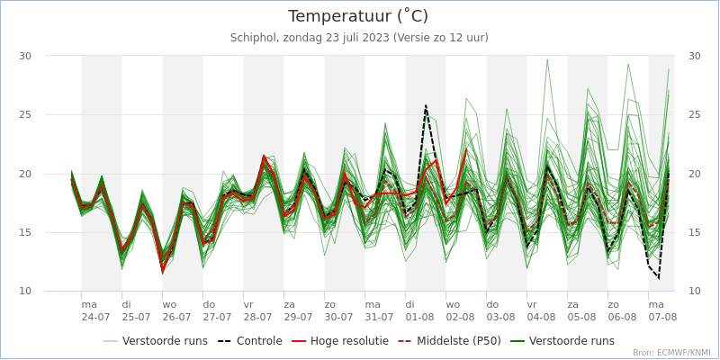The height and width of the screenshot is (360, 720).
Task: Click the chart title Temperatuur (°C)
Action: tap(358, 16)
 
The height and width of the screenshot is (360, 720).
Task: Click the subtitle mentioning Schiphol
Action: tap(359, 38)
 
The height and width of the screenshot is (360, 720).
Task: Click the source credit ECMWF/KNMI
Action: tap(671, 353)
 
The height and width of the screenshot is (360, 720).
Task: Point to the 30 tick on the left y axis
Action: tap(25, 56)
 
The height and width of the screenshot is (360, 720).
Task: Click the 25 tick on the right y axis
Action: tap(694, 114)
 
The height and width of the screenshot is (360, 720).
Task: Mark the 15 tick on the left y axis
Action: tap(25, 232)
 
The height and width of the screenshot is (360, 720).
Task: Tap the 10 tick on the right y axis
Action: tap(694, 291)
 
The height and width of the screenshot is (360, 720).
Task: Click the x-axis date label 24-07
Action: tap(95, 317)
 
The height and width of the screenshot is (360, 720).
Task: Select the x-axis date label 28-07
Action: tap(257, 317)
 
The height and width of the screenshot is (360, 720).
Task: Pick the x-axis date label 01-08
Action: tap(419, 317)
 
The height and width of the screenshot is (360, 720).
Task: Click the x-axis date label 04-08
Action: tap(541, 317)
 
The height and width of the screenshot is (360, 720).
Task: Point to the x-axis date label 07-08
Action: tap(662, 317)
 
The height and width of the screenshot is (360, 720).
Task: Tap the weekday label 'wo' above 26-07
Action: tap(169, 304)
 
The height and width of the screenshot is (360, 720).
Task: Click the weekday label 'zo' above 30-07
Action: tap(330, 304)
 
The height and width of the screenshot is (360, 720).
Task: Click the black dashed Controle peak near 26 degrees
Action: tap(426, 106)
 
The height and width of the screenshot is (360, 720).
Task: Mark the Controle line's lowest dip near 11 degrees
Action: tap(658, 278)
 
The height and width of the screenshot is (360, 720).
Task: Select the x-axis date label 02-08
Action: tap(460, 317)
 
